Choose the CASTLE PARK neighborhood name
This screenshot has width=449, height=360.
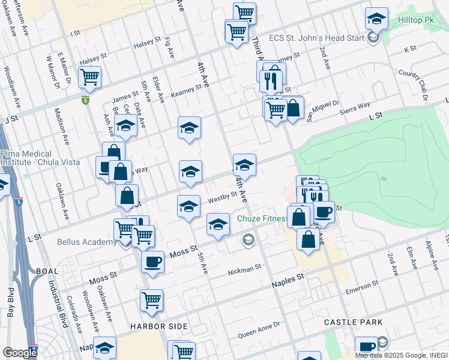coord(353,322)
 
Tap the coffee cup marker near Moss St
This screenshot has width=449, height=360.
coord(152,263)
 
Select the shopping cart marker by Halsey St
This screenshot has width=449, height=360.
coord(89,77)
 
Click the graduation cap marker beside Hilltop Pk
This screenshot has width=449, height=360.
coord(376,19)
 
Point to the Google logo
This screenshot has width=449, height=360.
coord(20,353)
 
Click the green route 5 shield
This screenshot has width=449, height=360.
coord(86,100)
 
